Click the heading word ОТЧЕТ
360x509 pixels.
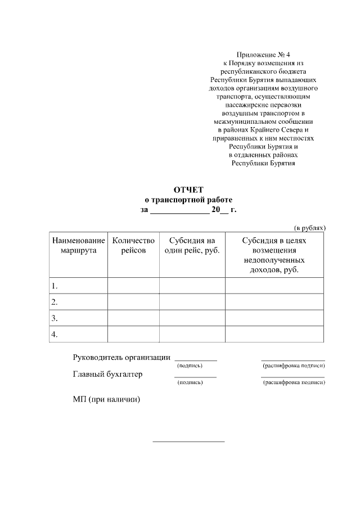coord(188,190)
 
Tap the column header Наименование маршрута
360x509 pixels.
coord(79,246)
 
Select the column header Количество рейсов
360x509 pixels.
coord(133,246)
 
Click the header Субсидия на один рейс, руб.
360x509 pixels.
coord(192,246)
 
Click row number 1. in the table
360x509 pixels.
coord(55,286)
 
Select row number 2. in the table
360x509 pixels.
coord(55,302)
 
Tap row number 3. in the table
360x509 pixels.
coord(55,318)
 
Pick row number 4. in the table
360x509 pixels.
coord(55,334)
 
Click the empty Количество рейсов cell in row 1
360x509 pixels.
coord(133,286)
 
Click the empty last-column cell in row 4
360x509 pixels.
coord(274,334)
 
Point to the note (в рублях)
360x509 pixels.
coord(310,228)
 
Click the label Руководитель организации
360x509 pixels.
coord(121,358)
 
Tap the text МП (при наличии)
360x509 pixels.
coord(106,400)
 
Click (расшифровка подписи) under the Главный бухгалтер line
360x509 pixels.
coord(294,382)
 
